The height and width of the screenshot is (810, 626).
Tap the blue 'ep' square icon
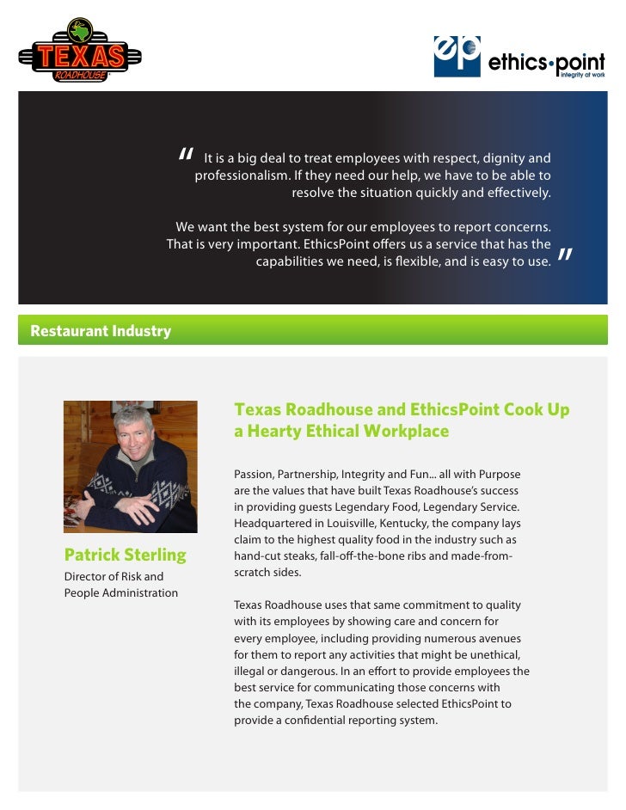[457, 56]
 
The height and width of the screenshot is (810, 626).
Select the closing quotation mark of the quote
[565, 256]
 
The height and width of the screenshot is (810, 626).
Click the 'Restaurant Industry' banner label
[101, 331]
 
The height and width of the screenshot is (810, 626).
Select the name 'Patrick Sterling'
[125, 554]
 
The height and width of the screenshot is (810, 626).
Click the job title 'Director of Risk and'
[114, 576]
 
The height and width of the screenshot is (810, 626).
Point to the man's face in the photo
[132, 439]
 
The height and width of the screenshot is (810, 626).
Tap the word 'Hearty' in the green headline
[279, 432]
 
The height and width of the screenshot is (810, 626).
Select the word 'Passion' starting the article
[255, 475]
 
